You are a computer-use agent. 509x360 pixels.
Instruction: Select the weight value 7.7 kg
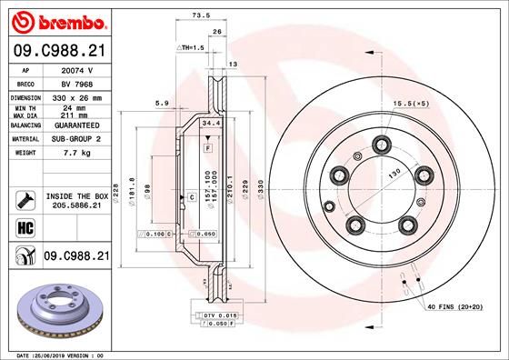[x=76, y=153]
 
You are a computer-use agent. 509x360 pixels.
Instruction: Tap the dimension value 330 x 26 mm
[x=76, y=95]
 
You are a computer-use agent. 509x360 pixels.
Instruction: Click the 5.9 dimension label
[x=161, y=102]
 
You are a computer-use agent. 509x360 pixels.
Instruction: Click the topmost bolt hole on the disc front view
[x=379, y=142]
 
